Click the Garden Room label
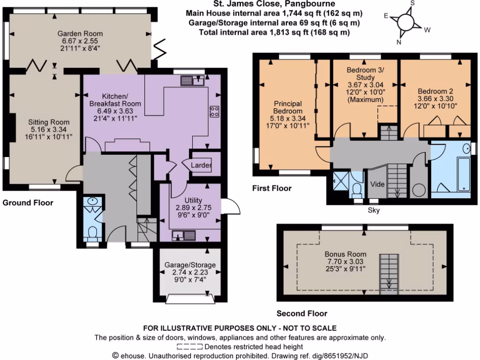pyautogui.click(x=80, y=34)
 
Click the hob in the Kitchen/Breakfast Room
pyautogui.click(x=215, y=111)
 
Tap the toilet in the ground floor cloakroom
pyautogui.click(x=93, y=232)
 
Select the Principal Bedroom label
pyautogui.click(x=288, y=107)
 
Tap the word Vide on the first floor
pyautogui.click(x=378, y=184)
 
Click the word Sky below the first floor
pyautogui.click(x=374, y=210)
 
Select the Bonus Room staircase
pyautogui.click(x=389, y=271)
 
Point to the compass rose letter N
pyautogui.click(x=399, y=41)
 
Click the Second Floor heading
pyautogui.click(x=302, y=314)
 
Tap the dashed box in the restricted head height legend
pyautogui.click(x=190, y=347)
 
